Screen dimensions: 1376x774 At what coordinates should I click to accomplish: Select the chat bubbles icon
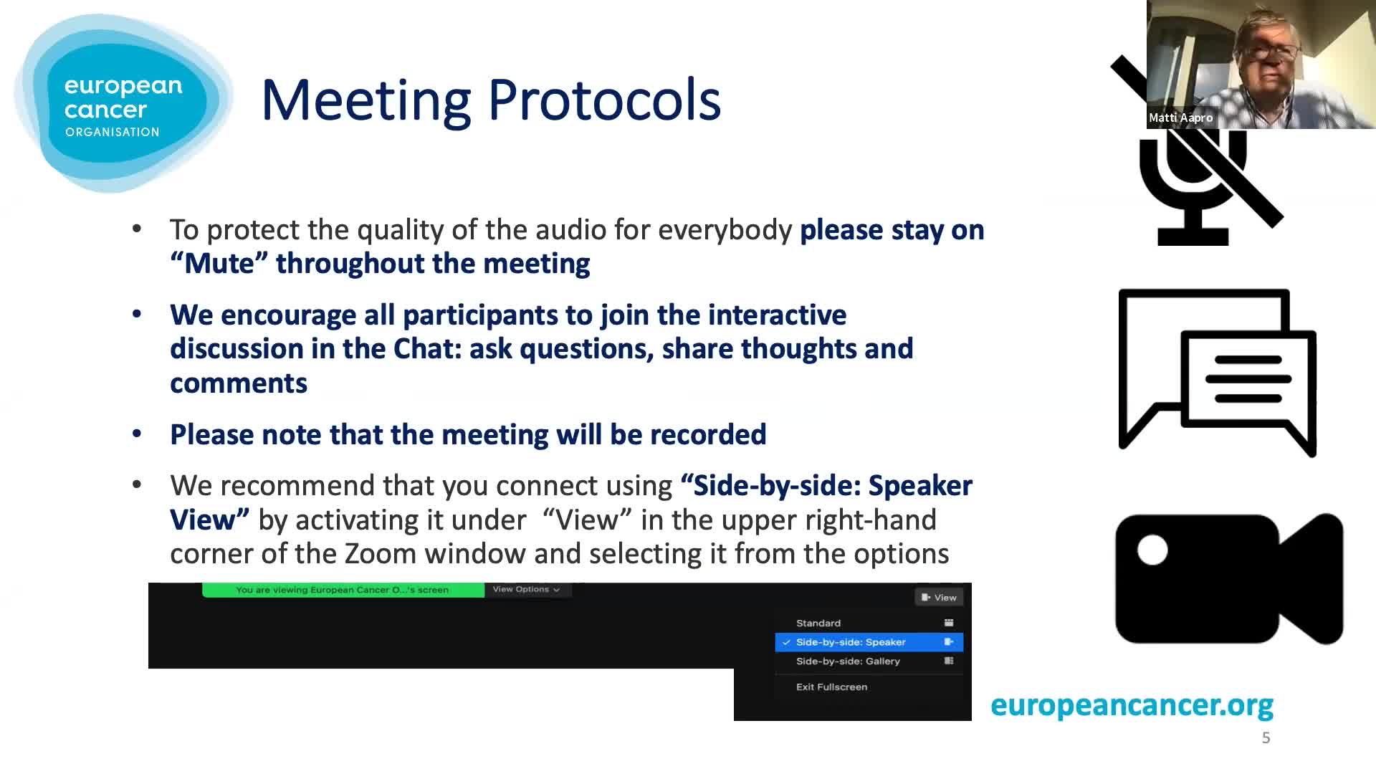(x=1218, y=373)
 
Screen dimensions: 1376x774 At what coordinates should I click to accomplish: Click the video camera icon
(x=1229, y=578)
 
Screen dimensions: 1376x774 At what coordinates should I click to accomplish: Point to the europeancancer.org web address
(x=1132, y=705)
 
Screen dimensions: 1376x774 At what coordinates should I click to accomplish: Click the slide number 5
(x=1266, y=737)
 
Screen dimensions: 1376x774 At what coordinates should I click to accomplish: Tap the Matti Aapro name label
(x=1180, y=118)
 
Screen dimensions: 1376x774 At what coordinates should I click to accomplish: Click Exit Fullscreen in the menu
(x=831, y=687)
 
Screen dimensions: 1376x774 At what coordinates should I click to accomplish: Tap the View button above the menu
(x=939, y=597)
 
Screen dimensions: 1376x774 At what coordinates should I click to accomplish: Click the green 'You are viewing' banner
(x=343, y=590)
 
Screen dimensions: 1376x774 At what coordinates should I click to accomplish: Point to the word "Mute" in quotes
(x=219, y=264)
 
